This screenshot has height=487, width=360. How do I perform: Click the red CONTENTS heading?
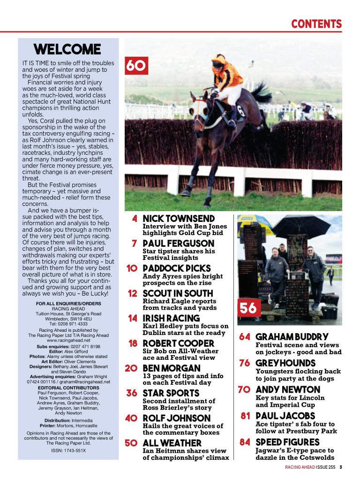coord(316,23)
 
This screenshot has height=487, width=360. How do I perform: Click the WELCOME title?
coord(67,49)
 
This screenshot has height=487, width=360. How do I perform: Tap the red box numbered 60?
coord(136,66)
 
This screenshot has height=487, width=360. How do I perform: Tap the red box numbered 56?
coord(249,308)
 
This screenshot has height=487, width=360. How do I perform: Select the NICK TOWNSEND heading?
coord(179,219)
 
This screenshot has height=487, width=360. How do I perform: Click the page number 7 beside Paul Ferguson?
coord(134,243)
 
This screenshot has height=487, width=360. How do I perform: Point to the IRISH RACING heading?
coord(171,319)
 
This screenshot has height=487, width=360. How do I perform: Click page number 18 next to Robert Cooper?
coord(132,343)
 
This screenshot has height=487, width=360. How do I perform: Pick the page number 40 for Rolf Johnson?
coord(131,418)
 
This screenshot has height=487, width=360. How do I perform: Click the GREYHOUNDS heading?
coord(285,363)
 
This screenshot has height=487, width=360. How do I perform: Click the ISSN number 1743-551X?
coord(68,451)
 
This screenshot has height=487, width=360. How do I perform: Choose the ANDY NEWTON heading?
coord(288,389)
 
